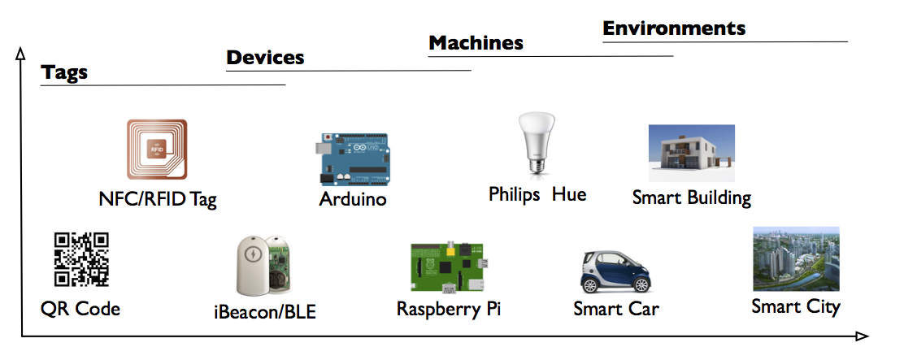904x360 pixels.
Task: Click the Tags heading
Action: pos(64,73)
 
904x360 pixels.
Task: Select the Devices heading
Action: pos(265,58)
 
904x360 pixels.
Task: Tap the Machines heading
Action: pos(476,43)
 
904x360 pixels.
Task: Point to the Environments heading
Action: pos(674,28)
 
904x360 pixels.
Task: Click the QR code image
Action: pos(81,259)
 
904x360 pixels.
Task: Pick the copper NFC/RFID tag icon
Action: pos(157,150)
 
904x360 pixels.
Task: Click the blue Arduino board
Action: pos(351,159)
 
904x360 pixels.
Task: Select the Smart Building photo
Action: pos(691,153)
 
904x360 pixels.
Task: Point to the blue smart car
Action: pos(616,272)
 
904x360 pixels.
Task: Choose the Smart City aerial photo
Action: pos(795,258)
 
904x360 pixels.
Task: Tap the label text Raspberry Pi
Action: pos(449,310)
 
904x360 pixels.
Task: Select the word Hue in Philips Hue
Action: pos(569,195)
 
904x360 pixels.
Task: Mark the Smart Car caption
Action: pos(615,310)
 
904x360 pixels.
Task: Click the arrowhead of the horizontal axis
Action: pos(863,336)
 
